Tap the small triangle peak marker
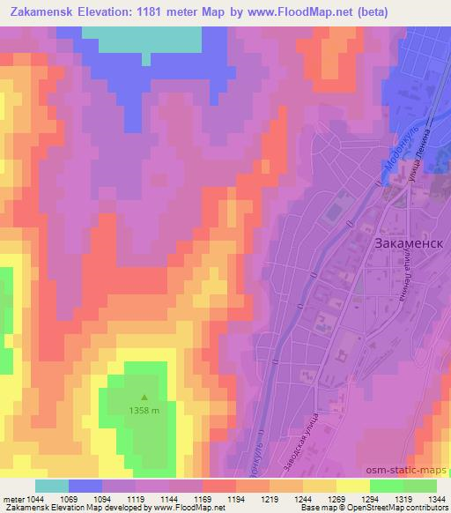point(145,398)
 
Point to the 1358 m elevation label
point(145,410)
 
